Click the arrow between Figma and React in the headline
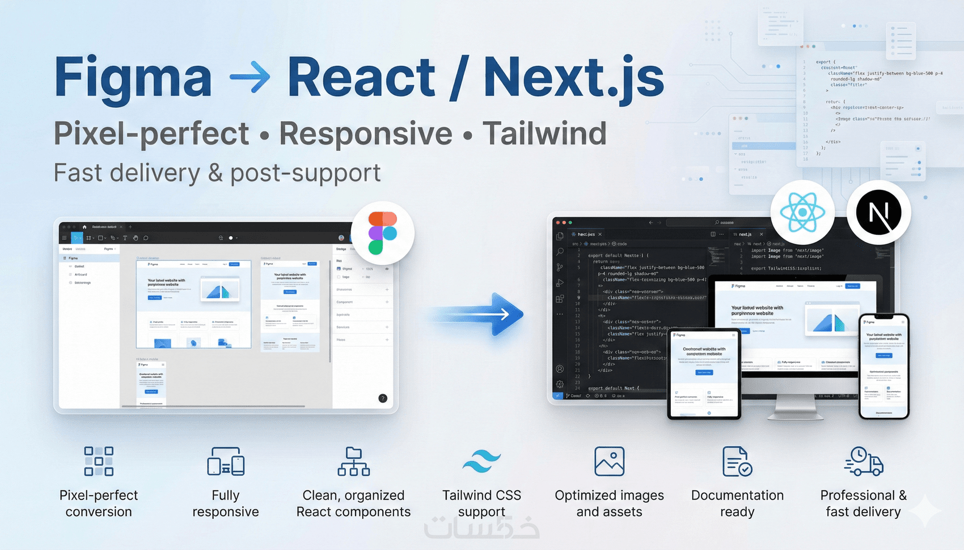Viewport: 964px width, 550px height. click(250, 78)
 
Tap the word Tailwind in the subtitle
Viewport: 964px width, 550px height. click(544, 134)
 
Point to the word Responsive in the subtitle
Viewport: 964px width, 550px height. click(366, 134)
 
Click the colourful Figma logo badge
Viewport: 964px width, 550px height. click(383, 232)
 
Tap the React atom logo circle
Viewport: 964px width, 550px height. click(802, 213)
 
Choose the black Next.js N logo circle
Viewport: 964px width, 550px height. click(878, 213)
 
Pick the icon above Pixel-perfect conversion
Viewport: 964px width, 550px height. click(99, 460)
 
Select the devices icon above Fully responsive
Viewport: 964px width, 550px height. click(226, 460)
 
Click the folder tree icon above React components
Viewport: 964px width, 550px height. click(354, 460)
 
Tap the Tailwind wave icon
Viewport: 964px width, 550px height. click(481, 462)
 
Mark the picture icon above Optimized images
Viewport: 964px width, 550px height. click(609, 460)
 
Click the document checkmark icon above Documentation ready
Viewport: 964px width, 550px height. click(737, 460)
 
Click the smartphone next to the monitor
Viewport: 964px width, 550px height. click(884, 366)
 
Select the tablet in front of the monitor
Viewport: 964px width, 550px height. click(704, 374)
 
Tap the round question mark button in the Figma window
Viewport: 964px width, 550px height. click(383, 398)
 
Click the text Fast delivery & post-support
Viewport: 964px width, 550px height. click(217, 173)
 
